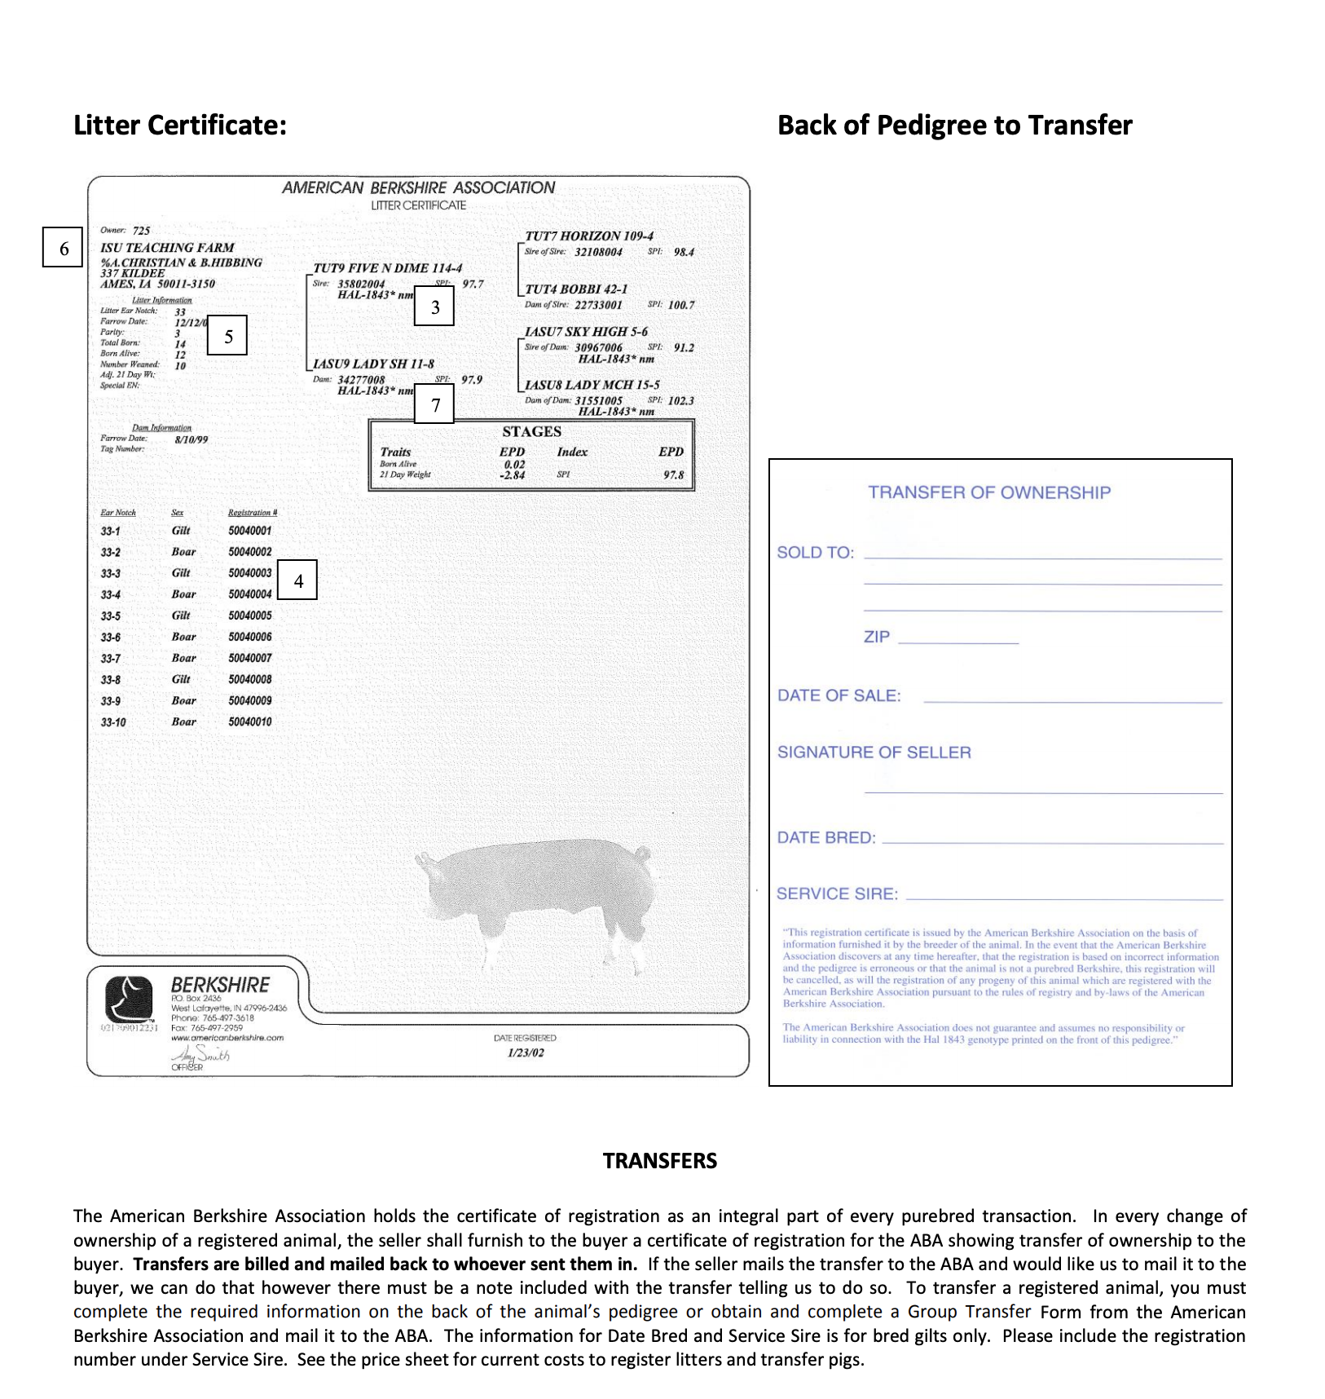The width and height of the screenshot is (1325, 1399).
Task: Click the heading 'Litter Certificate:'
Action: pos(180,126)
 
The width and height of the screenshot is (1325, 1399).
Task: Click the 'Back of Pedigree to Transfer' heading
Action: pos(954,126)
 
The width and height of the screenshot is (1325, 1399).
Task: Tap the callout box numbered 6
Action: pos(63,248)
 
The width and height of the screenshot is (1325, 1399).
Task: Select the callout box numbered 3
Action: pos(434,307)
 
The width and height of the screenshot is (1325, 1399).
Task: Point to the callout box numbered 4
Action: pos(297,580)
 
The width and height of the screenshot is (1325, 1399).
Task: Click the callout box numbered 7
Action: pos(434,404)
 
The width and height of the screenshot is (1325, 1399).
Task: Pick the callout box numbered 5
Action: pos(227,336)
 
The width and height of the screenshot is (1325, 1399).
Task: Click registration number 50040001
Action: pos(250,531)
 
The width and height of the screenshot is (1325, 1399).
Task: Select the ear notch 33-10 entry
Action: pos(113,722)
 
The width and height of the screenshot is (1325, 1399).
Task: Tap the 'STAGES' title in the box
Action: pos(531,432)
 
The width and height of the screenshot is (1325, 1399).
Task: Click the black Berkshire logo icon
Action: pos(129,1000)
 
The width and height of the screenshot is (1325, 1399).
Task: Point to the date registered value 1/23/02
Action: pos(526,1053)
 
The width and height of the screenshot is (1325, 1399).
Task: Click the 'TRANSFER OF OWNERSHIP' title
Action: pos(989,492)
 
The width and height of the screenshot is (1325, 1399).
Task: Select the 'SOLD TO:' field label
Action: pos(815,553)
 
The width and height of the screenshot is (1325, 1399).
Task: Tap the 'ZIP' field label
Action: pos(877,637)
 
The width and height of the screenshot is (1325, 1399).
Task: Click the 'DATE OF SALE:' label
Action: pos(839,695)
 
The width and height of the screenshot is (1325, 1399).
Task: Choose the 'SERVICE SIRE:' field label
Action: pos(837,894)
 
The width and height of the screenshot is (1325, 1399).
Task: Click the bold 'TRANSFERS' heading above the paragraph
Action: pos(659,1161)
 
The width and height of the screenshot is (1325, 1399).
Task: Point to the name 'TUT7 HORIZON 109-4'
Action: pos(588,236)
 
